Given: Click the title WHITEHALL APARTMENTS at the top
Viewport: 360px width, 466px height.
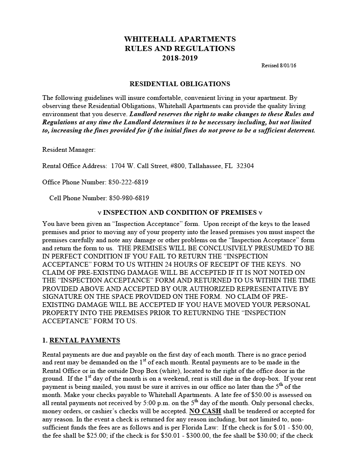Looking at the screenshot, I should click(180, 39).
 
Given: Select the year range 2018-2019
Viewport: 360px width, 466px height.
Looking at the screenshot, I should click(180, 58).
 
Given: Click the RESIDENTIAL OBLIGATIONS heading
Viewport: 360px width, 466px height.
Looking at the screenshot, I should click(180, 84).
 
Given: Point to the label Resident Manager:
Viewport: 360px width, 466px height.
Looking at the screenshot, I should click(69, 150).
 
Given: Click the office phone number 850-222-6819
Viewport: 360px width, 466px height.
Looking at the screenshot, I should click(129, 182).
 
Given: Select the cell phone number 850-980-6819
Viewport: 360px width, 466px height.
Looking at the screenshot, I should click(129, 198).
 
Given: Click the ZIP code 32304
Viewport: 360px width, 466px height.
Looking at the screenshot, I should click(245, 166).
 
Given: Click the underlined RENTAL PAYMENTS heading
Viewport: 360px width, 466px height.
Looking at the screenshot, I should click(85, 340).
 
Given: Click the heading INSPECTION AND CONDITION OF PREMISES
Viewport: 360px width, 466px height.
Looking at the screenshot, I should click(180, 213).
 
